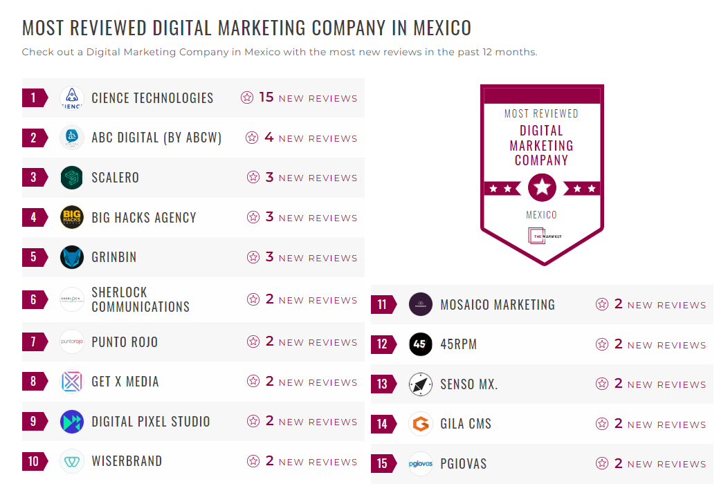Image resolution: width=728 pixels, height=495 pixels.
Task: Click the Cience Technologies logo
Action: coord(72,98)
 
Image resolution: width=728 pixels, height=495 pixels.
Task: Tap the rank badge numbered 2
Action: coord(34,138)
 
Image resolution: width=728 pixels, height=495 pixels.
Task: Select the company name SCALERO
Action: coord(116,178)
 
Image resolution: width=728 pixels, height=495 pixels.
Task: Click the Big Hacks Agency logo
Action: coord(72,217)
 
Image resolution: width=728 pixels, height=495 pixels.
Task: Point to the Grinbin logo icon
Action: coord(72,257)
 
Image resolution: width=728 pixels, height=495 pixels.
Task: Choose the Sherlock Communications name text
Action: coord(140,299)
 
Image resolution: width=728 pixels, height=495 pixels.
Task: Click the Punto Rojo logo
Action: coord(72,342)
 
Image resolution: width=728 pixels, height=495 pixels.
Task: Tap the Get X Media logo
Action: coord(72,382)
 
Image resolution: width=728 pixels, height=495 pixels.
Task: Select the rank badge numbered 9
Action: coord(34,421)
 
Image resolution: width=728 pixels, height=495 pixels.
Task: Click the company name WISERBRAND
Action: coord(127,461)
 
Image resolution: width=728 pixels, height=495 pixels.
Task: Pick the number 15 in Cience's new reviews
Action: coord(266,97)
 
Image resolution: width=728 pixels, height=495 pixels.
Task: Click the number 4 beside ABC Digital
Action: coord(269,138)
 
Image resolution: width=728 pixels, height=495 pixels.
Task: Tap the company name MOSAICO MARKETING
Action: coord(498,304)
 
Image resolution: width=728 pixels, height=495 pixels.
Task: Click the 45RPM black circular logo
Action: coord(421,344)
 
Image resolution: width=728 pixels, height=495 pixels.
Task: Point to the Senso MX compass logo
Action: coord(421,384)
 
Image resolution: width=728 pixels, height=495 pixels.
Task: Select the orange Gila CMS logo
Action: coord(421,424)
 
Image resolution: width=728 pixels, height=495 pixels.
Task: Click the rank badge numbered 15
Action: coord(383,463)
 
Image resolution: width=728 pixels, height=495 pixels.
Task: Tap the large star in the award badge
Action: coord(542,187)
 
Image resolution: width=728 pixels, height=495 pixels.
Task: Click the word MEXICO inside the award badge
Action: coord(541,215)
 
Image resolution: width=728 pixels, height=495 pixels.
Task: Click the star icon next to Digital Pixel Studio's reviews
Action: coord(253,421)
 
